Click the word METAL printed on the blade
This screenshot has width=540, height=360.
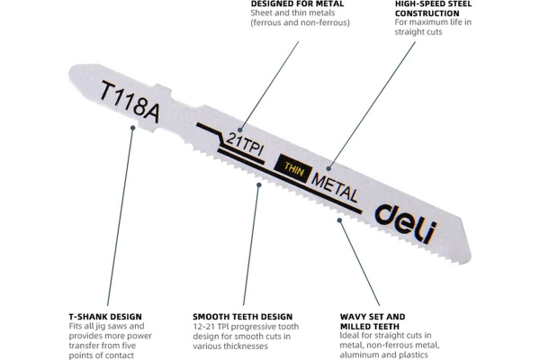pyautogui.click(x=335, y=185)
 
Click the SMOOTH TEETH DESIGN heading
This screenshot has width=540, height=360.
pyautogui.click(x=243, y=317)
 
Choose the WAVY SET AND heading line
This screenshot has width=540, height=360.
pyautogui.click(x=372, y=317)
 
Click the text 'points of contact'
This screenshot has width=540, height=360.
pyautogui.click(x=101, y=355)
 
